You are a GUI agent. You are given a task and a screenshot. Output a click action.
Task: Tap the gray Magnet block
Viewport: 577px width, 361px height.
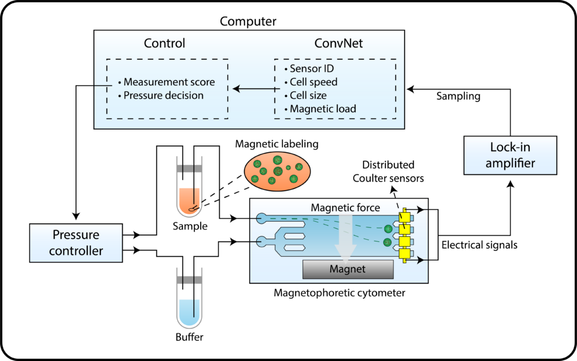coord(348,269)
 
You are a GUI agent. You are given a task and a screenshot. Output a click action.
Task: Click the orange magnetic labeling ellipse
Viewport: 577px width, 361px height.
coord(276,173)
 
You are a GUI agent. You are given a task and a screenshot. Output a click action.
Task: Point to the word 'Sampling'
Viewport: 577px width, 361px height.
coord(459,96)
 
